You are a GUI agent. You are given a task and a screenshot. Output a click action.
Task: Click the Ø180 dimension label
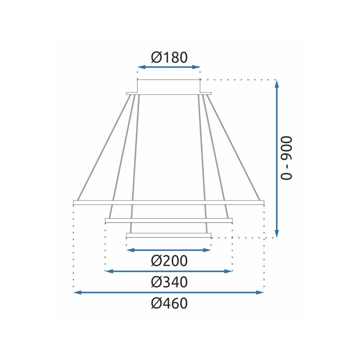pyautogui.click(x=169, y=57)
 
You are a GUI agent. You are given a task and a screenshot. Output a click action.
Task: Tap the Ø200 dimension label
pyautogui.click(x=169, y=261)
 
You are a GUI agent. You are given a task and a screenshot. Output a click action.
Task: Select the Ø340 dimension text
pyautogui.click(x=169, y=282)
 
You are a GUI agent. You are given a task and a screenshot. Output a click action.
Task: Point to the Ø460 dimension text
pyautogui.click(x=169, y=303)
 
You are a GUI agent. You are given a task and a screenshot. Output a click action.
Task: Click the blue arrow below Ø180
pyautogui.click(x=168, y=67)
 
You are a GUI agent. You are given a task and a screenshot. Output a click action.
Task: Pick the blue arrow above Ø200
pyautogui.click(x=168, y=250)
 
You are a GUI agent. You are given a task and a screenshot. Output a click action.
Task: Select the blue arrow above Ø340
pyautogui.click(x=168, y=271)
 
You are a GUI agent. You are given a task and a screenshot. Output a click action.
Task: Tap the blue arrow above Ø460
pyautogui.click(x=168, y=293)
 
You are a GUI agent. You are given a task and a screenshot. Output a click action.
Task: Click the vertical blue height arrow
pyautogui.click(x=276, y=158)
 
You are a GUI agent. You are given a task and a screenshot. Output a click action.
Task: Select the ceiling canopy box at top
pyautogui.click(x=168, y=86)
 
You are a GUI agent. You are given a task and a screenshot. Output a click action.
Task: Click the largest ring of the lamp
pyautogui.click(x=168, y=203)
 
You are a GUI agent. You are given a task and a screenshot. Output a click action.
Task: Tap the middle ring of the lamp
pyautogui.click(x=168, y=220)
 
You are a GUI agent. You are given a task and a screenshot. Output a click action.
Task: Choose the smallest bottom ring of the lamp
pyautogui.click(x=168, y=235)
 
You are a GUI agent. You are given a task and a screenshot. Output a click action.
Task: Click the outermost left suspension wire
pyautogui.click(x=103, y=148)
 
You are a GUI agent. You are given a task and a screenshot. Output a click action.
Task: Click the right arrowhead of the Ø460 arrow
pyautogui.click(x=261, y=293)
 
